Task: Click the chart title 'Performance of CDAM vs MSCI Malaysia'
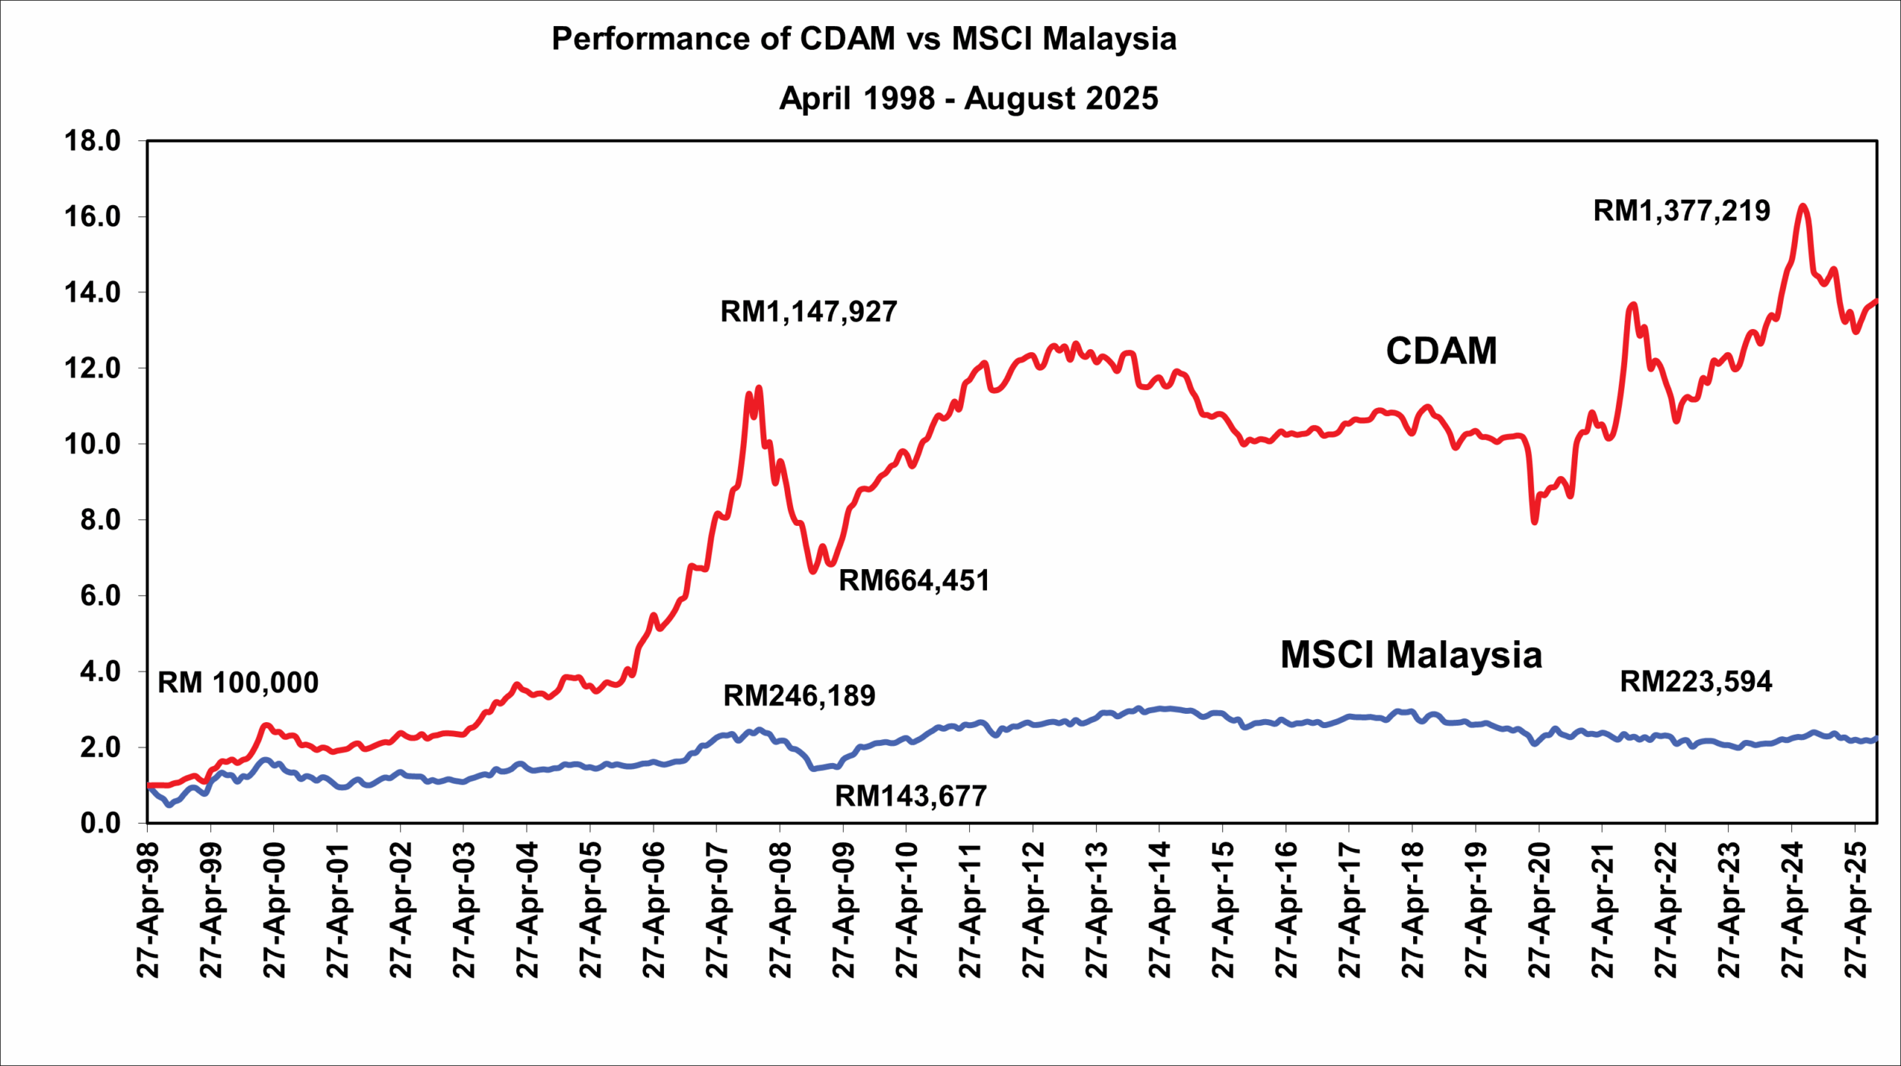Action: [x=864, y=39]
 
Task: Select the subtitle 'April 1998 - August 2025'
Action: [x=968, y=99]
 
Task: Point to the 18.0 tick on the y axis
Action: [x=93, y=140]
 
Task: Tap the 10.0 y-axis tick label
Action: [x=93, y=444]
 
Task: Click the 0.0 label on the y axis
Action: [x=100, y=823]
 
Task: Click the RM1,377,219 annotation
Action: [x=1681, y=212]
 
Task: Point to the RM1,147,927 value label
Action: [x=809, y=312]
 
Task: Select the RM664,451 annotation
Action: [x=914, y=581]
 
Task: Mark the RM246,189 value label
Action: [x=799, y=696]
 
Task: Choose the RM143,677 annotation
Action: [x=910, y=796]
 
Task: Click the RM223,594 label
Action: [x=1695, y=682]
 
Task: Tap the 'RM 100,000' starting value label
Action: [x=238, y=683]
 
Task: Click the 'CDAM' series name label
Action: [x=1441, y=351]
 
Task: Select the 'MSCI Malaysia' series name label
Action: [x=1411, y=655]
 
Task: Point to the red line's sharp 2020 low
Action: [x=1534, y=522]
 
